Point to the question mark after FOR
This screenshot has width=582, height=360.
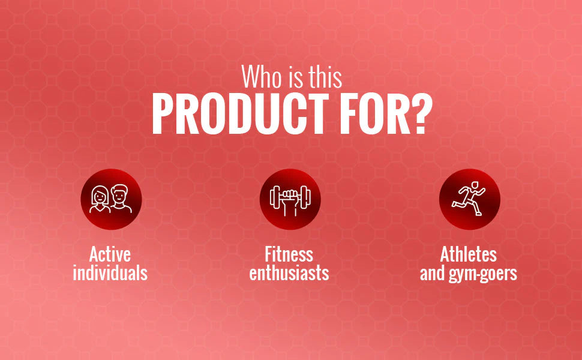click(x=421, y=113)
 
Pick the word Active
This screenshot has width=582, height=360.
click(x=110, y=254)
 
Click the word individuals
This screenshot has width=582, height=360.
click(x=110, y=273)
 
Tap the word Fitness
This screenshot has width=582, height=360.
click(x=289, y=254)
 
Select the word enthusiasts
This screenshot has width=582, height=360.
click(x=289, y=273)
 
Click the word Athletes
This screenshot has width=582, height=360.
click(x=469, y=254)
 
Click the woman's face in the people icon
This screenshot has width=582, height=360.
click(x=100, y=196)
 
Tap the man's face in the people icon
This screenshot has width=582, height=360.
click(x=119, y=196)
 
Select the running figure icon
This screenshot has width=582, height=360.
click(x=469, y=199)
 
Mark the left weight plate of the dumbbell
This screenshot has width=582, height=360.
click(x=275, y=197)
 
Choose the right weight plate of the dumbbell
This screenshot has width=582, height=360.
click(x=305, y=197)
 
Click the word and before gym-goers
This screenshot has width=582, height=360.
click(x=433, y=273)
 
